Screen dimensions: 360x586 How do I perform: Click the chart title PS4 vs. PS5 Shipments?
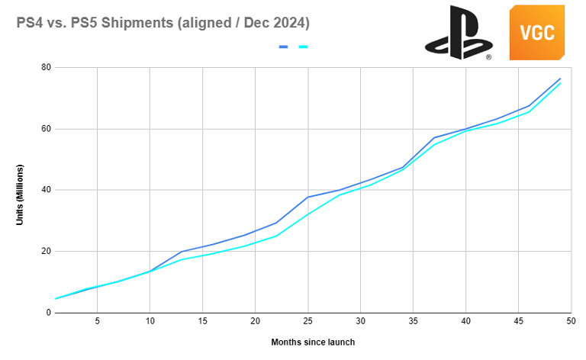tap(163, 23)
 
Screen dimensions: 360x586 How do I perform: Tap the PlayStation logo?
tap(458, 33)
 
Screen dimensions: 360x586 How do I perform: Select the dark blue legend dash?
tap(283, 47)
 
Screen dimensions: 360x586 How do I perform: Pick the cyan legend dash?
tap(303, 47)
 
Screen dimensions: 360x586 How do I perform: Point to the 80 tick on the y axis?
tap(46, 67)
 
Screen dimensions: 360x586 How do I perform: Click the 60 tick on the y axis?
tap(46, 128)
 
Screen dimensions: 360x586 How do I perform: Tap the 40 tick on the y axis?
tap(46, 190)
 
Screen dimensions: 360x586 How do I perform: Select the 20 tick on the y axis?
tap(46, 252)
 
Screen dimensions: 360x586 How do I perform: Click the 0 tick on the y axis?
tap(48, 313)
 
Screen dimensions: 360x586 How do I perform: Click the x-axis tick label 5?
tap(97, 321)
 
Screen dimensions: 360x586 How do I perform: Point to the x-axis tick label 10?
tap(150, 321)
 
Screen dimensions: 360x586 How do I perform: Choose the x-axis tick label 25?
tap(307, 321)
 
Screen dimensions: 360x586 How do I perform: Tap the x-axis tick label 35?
tap(413, 321)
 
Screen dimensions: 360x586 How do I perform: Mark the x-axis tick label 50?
tap(570, 321)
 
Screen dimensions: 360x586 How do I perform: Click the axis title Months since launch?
tap(313, 342)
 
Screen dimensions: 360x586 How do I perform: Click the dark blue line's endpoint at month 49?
tap(561, 79)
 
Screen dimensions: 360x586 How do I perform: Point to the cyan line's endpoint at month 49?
tap(561, 83)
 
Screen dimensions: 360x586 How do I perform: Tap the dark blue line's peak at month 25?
tap(307, 197)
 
